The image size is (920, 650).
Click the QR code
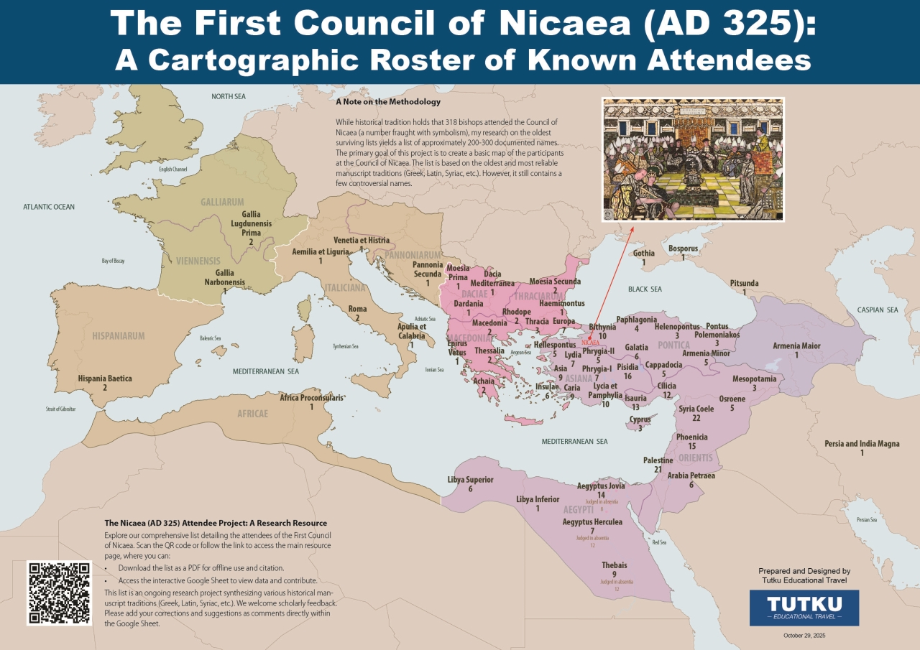pos(59,593)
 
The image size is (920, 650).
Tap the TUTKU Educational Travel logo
pos(804,607)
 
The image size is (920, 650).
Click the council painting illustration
pos(693,159)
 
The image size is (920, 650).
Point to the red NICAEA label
pos(590,343)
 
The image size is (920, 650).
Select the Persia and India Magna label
pos(862,444)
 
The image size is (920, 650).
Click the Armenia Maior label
pos(796,346)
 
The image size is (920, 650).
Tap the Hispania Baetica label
pos(105,379)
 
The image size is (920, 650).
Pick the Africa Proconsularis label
pos(311,398)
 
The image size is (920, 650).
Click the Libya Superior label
pos(470,480)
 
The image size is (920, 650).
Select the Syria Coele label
pos(696,409)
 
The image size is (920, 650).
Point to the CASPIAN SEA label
pos(877,310)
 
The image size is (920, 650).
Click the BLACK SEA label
pos(645,289)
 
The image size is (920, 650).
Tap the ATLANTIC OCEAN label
pos(49,207)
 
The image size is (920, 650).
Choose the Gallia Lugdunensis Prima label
pos(251,223)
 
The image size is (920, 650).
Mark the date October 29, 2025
pos(804,636)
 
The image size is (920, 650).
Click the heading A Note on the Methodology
pos(388,102)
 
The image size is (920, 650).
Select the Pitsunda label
pos(745,283)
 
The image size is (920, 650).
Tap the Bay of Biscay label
pos(112,261)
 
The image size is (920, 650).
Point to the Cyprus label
pos(640,419)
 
